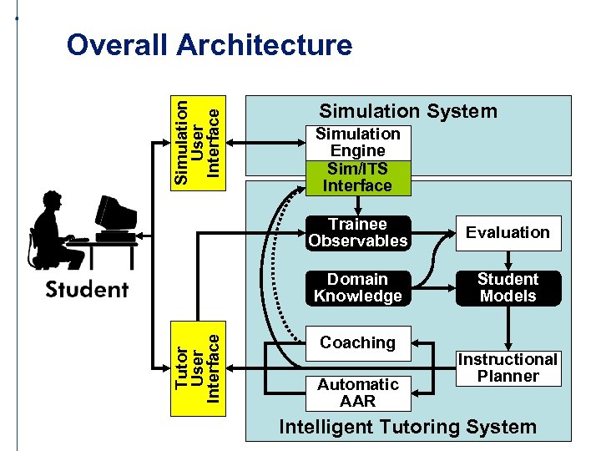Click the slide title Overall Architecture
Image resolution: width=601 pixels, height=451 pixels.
(x=209, y=44)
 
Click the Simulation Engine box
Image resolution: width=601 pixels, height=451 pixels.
(x=357, y=142)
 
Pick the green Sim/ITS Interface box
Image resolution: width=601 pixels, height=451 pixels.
(x=357, y=178)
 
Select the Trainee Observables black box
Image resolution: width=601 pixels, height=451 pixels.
(x=357, y=233)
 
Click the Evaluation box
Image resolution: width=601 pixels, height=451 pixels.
(x=508, y=233)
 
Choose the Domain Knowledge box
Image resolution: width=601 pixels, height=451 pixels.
(x=357, y=287)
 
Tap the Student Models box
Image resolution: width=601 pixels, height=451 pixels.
(x=508, y=287)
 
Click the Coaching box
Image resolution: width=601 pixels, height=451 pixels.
(x=357, y=342)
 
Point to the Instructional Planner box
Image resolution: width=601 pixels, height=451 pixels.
(x=508, y=367)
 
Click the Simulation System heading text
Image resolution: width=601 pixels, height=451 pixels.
(x=408, y=111)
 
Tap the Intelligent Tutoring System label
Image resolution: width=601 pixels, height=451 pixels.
(x=407, y=428)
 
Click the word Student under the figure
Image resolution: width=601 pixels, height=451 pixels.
(x=87, y=290)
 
